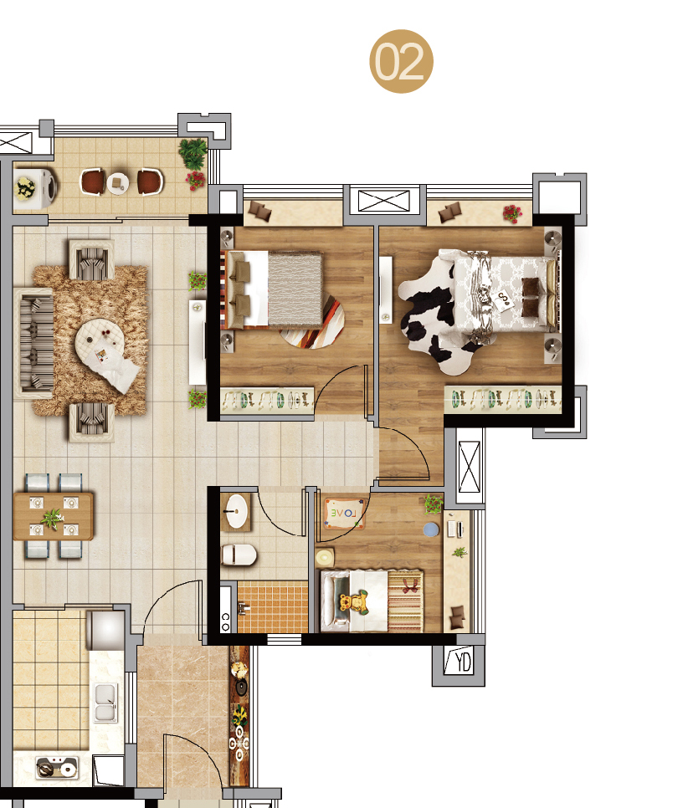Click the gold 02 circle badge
401,61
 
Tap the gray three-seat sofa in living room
34,343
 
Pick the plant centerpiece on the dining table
52,517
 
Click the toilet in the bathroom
239,555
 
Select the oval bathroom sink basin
237,511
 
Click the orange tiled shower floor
272,607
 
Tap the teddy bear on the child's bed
354,602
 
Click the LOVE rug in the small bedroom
344,514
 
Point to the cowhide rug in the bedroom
436,315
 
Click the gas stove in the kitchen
57,768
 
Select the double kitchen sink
105,702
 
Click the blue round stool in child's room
431,529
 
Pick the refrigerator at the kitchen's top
105,630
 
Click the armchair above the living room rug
92,259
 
